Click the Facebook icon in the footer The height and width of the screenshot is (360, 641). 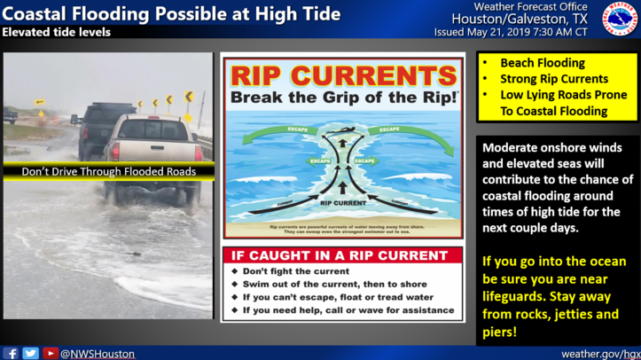[x=11, y=353]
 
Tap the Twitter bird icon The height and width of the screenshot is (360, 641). [x=30, y=353]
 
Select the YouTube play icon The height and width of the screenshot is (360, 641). [x=51, y=353]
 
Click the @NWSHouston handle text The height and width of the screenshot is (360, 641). [x=97, y=354]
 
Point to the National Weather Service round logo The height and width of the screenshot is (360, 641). [x=620, y=19]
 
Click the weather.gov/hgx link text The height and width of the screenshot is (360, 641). [x=598, y=354]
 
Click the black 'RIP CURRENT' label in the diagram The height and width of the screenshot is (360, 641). [x=342, y=202]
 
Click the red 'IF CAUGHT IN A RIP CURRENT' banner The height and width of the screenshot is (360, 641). [x=341, y=255]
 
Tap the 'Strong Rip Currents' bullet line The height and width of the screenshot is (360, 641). [x=554, y=79]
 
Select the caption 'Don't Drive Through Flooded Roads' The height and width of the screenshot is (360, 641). [x=108, y=171]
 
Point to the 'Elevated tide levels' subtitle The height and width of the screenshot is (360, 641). [x=57, y=32]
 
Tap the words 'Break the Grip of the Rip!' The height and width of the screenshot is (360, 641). [x=342, y=96]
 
